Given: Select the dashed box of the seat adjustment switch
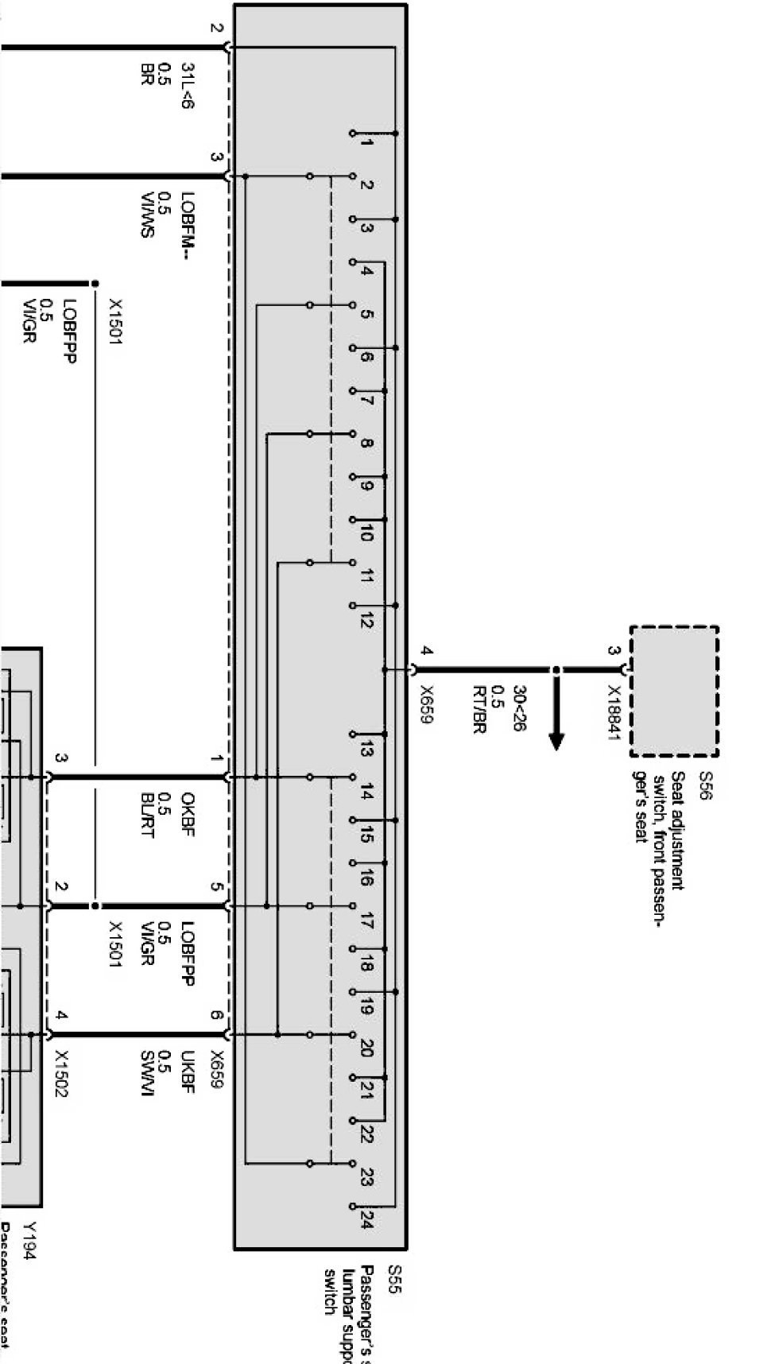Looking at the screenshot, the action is coord(674,691).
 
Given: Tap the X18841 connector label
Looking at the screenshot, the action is coord(613,713).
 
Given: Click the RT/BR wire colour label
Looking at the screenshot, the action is coord(478,709).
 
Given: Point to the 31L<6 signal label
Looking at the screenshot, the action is coord(188,86).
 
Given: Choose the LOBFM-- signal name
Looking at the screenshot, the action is coord(188,226).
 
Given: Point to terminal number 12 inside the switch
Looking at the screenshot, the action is coord(366,620).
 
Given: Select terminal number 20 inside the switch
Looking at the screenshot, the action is coord(366,1047).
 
